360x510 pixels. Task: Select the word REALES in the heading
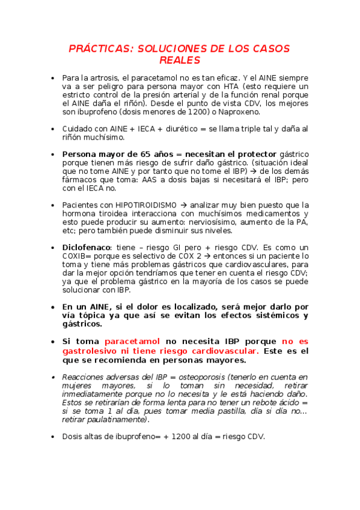pyautogui.click(x=180, y=60)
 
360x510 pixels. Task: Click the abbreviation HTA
pyautogui.click(x=232, y=87)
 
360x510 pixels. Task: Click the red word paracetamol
pyautogui.click(x=132, y=341)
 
